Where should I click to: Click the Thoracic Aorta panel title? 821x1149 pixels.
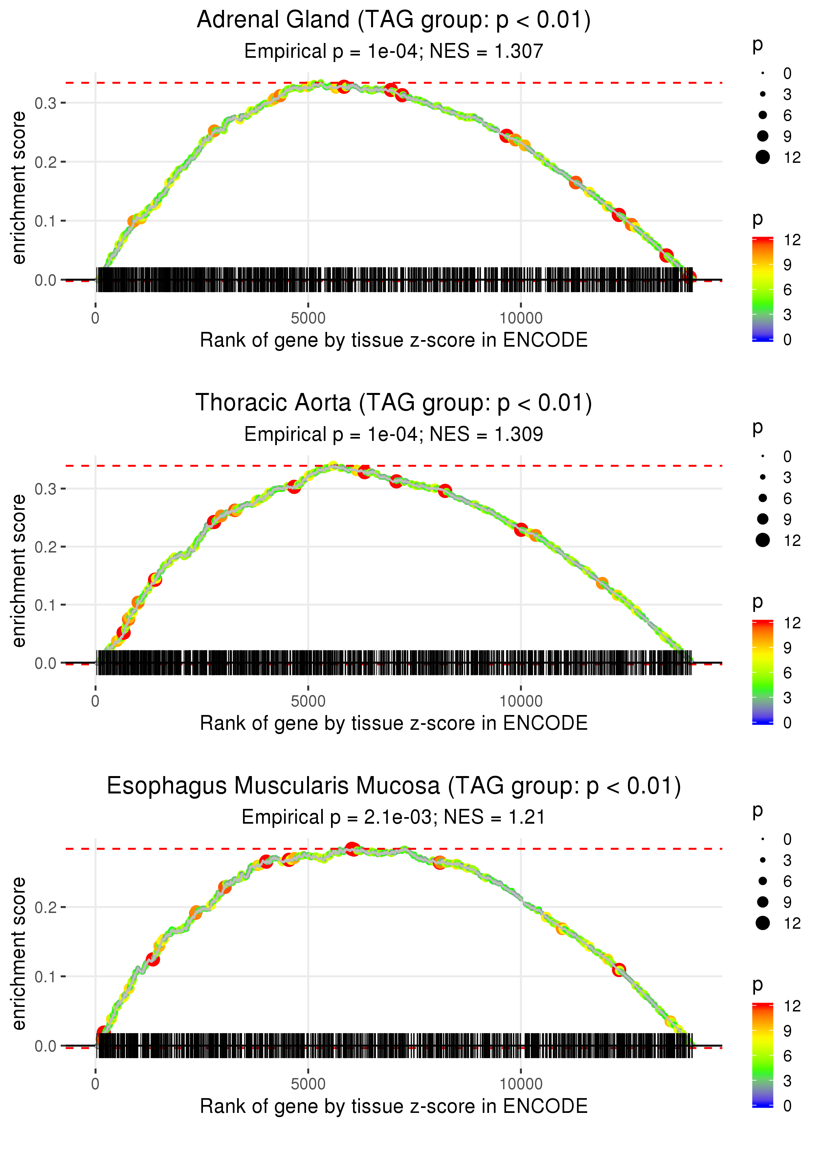(x=393, y=403)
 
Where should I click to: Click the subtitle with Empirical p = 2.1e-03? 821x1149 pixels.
(x=393, y=817)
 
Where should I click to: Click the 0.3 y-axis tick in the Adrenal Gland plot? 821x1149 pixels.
(x=46, y=103)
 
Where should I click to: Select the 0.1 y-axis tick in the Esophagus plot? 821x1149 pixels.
(x=46, y=977)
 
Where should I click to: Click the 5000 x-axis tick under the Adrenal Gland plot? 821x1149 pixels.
(x=308, y=318)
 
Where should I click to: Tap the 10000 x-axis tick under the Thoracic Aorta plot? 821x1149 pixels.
(x=521, y=701)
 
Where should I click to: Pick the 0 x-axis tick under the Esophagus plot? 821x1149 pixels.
(x=96, y=1084)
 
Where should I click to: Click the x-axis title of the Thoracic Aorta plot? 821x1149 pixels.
(x=393, y=724)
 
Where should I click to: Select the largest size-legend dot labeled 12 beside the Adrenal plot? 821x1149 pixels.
(x=762, y=157)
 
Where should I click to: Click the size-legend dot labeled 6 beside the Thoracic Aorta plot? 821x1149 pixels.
(x=762, y=498)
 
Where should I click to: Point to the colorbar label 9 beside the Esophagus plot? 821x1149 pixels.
(x=787, y=1031)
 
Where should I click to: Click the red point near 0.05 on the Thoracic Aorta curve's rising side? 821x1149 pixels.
(x=123, y=633)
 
